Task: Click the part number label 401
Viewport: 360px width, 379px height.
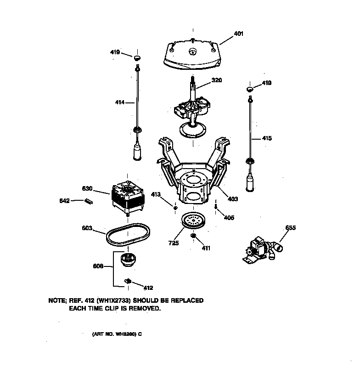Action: point(238,34)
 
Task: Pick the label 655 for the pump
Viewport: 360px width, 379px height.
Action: point(291,228)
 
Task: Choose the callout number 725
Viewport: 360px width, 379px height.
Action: point(173,243)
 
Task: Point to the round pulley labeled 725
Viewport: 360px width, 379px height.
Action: point(194,220)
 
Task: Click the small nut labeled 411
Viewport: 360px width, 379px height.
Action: point(194,236)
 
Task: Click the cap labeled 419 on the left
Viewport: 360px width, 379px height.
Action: point(137,57)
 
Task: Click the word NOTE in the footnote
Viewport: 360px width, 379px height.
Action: point(57,300)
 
